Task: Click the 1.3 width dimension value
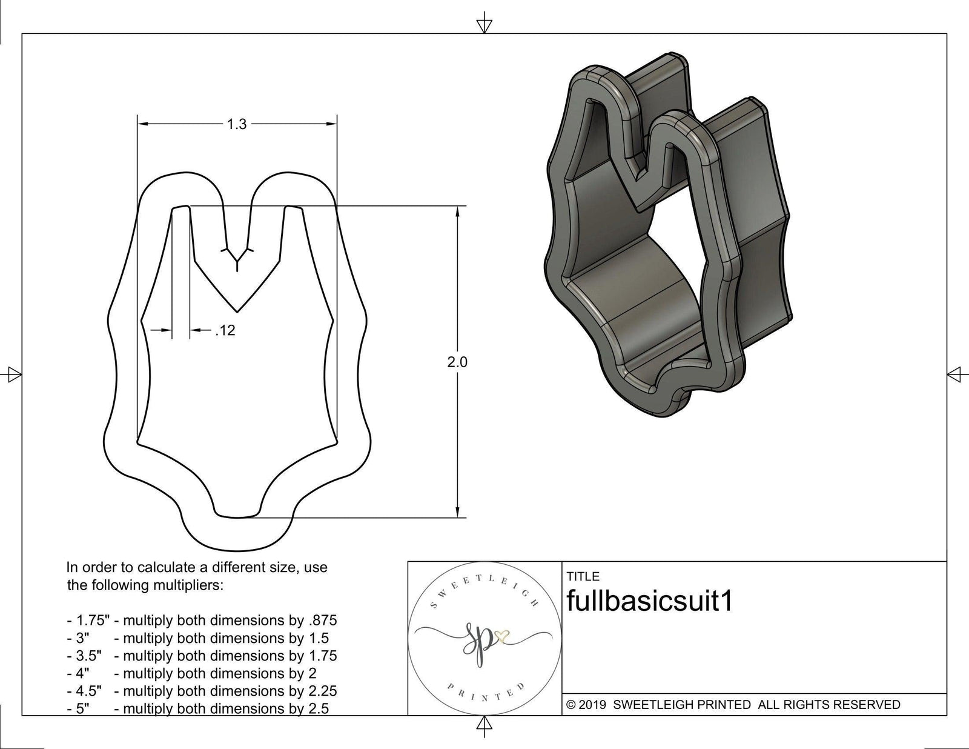tap(237, 124)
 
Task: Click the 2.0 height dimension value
tap(457, 362)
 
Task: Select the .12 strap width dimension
tap(225, 331)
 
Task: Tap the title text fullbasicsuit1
tap(649, 601)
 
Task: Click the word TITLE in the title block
tap(583, 576)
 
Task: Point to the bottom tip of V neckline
tap(237, 311)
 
